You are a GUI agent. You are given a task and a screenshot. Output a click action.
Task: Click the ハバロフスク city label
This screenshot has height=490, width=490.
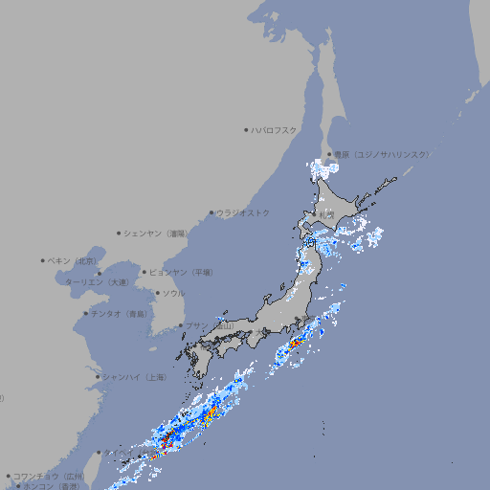[x=274, y=129]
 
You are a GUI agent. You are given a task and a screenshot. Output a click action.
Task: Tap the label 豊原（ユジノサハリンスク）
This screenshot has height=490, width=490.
[x=380, y=154]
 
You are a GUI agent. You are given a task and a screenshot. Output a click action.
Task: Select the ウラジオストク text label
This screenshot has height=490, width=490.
[x=243, y=212]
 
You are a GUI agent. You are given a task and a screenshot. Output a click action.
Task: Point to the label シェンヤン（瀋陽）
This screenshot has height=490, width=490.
[x=156, y=233]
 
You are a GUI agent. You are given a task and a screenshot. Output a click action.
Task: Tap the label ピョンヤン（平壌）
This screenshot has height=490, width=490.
[x=181, y=272]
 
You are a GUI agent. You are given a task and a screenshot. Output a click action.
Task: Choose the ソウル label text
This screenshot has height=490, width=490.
[x=173, y=293]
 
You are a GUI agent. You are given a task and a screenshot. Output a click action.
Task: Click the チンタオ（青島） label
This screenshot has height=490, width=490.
[x=119, y=314]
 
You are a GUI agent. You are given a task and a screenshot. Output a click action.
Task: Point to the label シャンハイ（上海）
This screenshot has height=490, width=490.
[x=134, y=377]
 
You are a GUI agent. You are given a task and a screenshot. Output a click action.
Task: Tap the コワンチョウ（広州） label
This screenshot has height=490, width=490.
[x=48, y=476]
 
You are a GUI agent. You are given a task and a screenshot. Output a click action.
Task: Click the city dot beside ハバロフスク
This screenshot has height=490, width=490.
[x=246, y=129]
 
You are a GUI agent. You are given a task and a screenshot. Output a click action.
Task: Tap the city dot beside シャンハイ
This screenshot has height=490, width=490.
[x=98, y=377]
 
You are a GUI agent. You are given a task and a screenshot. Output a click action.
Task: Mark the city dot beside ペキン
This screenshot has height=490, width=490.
[x=43, y=260]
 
